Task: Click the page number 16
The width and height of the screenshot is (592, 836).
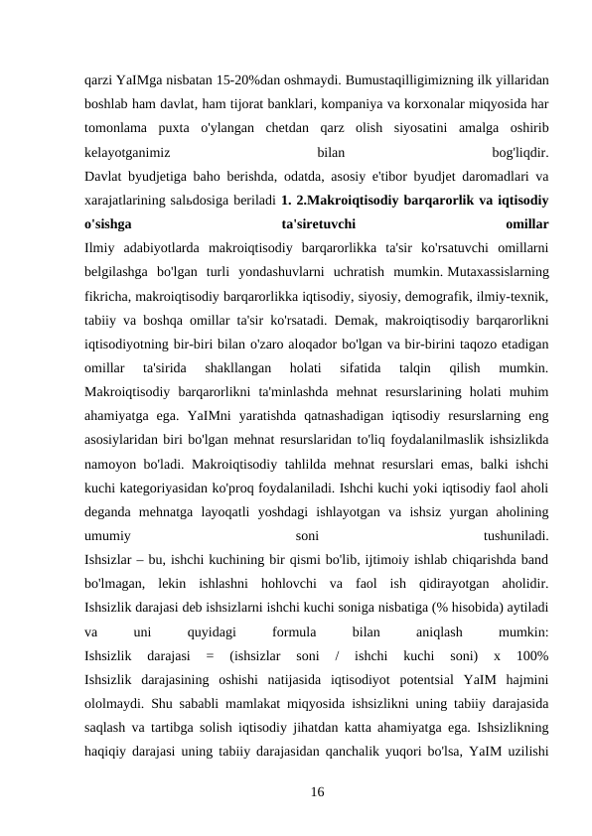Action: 317,791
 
